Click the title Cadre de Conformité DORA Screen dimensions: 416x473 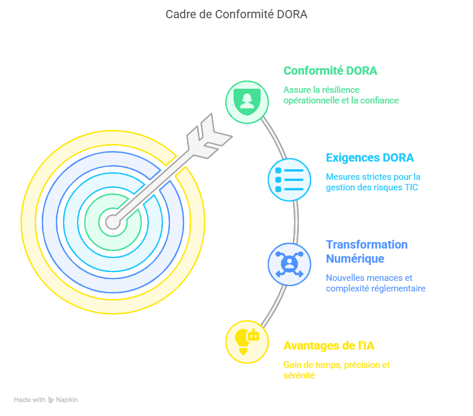pos(236,14)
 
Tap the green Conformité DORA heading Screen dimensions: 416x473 pos(330,71)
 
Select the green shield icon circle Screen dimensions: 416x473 pos(247,102)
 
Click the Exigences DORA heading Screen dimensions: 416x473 pos(369,157)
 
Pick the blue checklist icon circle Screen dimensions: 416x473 pos(289,180)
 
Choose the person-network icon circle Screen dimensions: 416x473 pos(289,264)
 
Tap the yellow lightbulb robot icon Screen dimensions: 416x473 pos(247,341)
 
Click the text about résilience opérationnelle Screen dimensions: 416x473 pos(341,95)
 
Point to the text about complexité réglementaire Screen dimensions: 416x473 pos(375,283)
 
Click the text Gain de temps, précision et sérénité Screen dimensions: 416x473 pos(336,370)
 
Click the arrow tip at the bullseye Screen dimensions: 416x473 pos(112,222)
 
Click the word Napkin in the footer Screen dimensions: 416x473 pos(67,400)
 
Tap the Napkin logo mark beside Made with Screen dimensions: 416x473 pos(51,400)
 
